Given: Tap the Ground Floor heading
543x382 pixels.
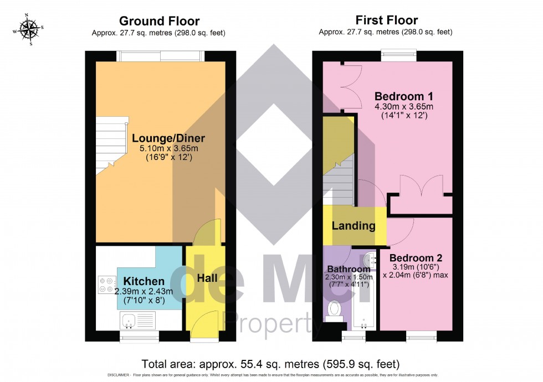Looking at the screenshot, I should pos(160,21).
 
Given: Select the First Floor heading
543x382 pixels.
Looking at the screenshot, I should pos(386,21).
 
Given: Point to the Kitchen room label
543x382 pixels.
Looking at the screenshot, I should pos(144,281).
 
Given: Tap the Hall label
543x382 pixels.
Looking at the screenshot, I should pos(207,277).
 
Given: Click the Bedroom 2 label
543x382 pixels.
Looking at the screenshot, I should pos(415,258).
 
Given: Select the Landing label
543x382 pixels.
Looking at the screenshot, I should pos(353,226).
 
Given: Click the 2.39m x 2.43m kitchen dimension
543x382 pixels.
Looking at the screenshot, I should pos(144,292).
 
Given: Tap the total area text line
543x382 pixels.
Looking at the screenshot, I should pos(270,364).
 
